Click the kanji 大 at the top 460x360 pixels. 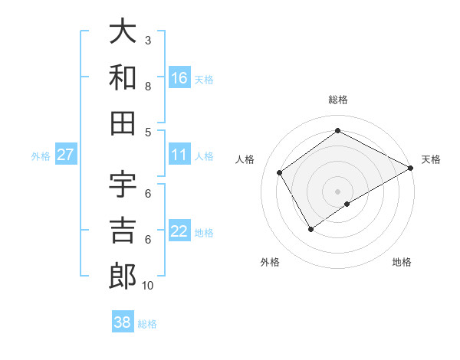[x=123, y=33]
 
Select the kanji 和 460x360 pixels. [x=123, y=77]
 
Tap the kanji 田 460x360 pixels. [x=123, y=122]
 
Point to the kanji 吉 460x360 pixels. [x=123, y=230]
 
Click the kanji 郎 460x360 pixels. [x=123, y=276]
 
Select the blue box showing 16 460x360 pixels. [x=179, y=78]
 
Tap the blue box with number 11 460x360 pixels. [x=179, y=155]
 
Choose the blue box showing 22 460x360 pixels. [x=179, y=232]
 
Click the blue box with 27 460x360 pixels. [x=66, y=155]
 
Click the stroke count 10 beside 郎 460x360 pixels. [x=148, y=286]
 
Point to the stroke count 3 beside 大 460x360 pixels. [x=148, y=40]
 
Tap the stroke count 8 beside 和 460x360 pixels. [x=148, y=86]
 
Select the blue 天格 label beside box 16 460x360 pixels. [x=204, y=79]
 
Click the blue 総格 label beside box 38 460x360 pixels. [x=147, y=324]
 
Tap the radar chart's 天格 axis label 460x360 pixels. [x=431, y=159]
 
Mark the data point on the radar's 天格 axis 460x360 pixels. [x=411, y=169]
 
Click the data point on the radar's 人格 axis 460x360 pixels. [x=280, y=172]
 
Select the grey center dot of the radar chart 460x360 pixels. [x=337, y=190]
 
